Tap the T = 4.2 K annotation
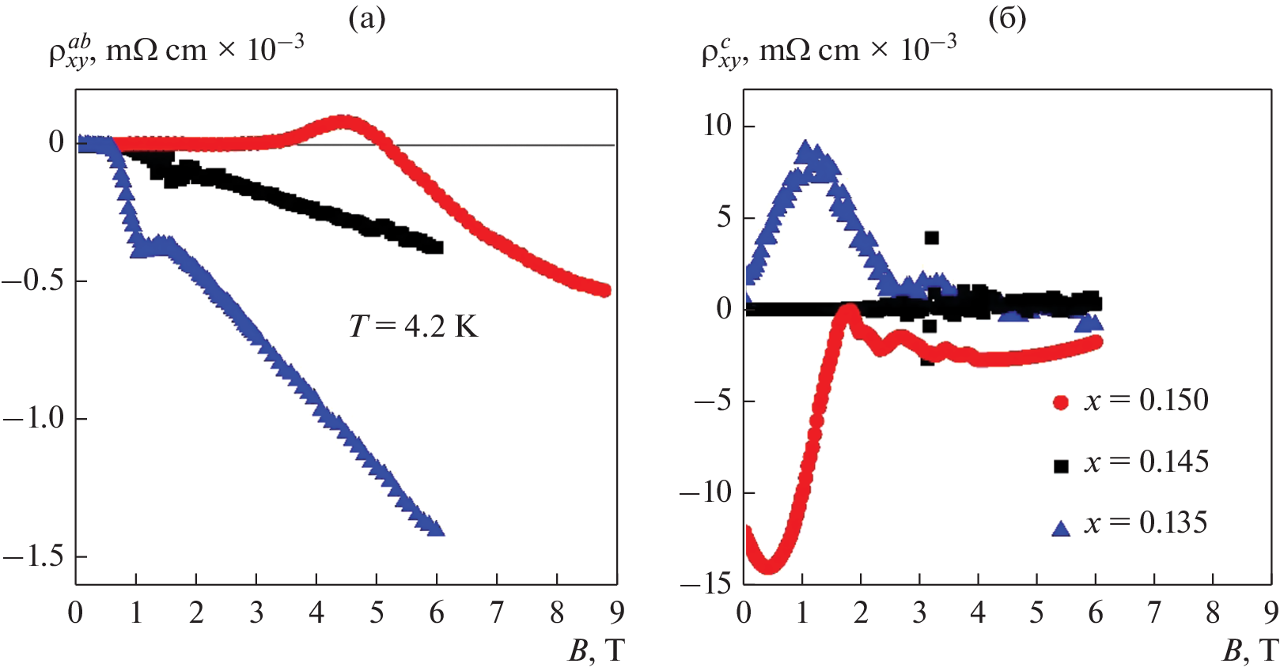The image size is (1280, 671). [x=414, y=326]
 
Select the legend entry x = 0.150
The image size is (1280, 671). [x=1130, y=401]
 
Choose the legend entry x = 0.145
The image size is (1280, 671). [x=1130, y=462]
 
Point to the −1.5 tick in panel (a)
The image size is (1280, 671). [x=33, y=557]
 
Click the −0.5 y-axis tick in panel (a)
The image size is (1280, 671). [x=33, y=281]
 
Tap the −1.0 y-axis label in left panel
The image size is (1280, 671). [x=33, y=419]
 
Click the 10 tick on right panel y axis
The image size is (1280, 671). [x=718, y=126]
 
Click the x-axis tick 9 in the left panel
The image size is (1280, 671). [x=617, y=613]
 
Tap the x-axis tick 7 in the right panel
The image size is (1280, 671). [x=1154, y=613]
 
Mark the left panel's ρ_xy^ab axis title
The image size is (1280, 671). [x=176, y=51]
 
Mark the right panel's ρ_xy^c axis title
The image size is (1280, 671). [x=828, y=51]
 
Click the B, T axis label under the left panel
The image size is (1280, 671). [x=596, y=650]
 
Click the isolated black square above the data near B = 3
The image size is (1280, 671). [x=932, y=238]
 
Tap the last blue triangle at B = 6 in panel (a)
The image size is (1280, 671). [x=436, y=527]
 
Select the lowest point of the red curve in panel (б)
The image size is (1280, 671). [x=768, y=566]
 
